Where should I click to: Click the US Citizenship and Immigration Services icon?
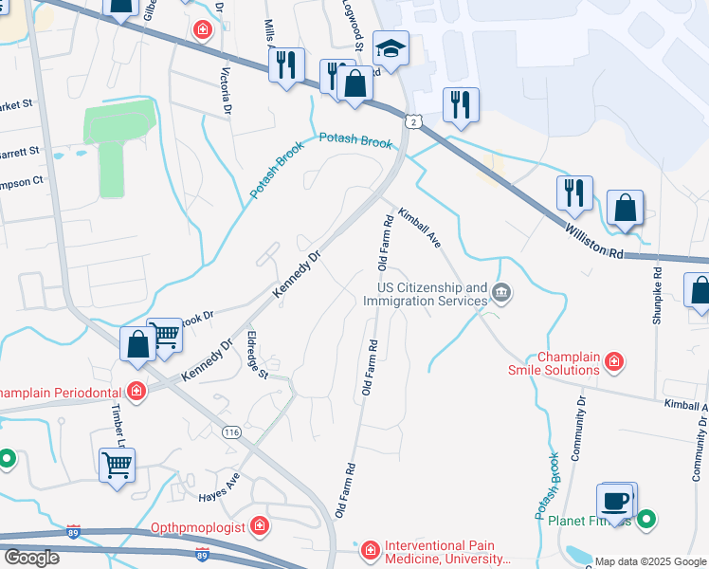pyautogui.click(x=502, y=295)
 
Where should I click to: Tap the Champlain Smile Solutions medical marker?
pyautogui.click(x=614, y=361)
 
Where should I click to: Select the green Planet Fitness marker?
pyautogui.click(x=647, y=519)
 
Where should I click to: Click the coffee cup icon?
pyautogui.click(x=615, y=503)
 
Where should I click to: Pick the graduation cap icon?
pyautogui.click(x=389, y=47)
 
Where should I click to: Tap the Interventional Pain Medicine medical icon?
pyautogui.click(x=369, y=548)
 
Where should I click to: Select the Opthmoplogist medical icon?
pyautogui.click(x=259, y=526)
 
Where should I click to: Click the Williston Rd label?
pyautogui.click(x=593, y=242)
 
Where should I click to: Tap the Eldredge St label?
pyautogui.click(x=258, y=354)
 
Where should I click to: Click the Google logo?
pyautogui.click(x=30, y=558)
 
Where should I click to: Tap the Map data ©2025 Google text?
pyautogui.click(x=650, y=561)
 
